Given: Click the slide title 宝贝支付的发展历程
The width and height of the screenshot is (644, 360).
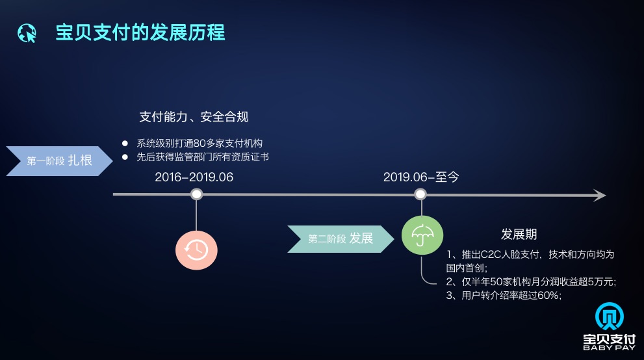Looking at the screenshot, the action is click(x=140, y=32).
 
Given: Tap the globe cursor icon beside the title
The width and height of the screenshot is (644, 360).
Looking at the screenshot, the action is click(x=27, y=33).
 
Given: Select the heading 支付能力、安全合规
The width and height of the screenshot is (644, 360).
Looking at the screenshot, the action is click(x=194, y=117).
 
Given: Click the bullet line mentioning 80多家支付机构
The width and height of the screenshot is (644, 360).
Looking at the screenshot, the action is click(x=200, y=143).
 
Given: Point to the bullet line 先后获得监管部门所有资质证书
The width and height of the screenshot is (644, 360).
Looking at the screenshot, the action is click(x=203, y=157).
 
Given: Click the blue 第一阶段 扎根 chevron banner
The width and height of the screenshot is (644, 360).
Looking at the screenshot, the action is click(x=60, y=161).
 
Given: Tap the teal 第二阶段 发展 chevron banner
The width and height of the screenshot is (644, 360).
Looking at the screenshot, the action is click(x=341, y=239).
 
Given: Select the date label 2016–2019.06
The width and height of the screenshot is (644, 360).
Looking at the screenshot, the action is click(x=194, y=177).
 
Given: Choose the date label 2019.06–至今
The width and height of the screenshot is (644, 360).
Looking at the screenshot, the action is click(x=421, y=177).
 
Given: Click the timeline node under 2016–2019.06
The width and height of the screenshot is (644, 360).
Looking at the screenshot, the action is click(x=197, y=194).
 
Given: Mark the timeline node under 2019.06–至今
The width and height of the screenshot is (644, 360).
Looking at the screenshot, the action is click(x=420, y=194).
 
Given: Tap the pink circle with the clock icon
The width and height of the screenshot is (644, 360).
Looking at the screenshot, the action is click(x=196, y=250).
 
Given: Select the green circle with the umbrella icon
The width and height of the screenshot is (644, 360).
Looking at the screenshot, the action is click(x=422, y=235).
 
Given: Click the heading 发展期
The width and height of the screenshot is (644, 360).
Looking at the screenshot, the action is click(x=519, y=235).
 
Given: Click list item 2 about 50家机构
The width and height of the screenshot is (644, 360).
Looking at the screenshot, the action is click(x=531, y=281).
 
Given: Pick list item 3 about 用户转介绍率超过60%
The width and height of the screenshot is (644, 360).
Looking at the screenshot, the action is click(x=504, y=295).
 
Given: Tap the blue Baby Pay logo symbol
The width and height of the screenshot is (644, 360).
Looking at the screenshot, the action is click(x=610, y=316).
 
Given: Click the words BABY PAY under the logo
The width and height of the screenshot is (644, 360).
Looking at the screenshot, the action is click(x=609, y=348).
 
